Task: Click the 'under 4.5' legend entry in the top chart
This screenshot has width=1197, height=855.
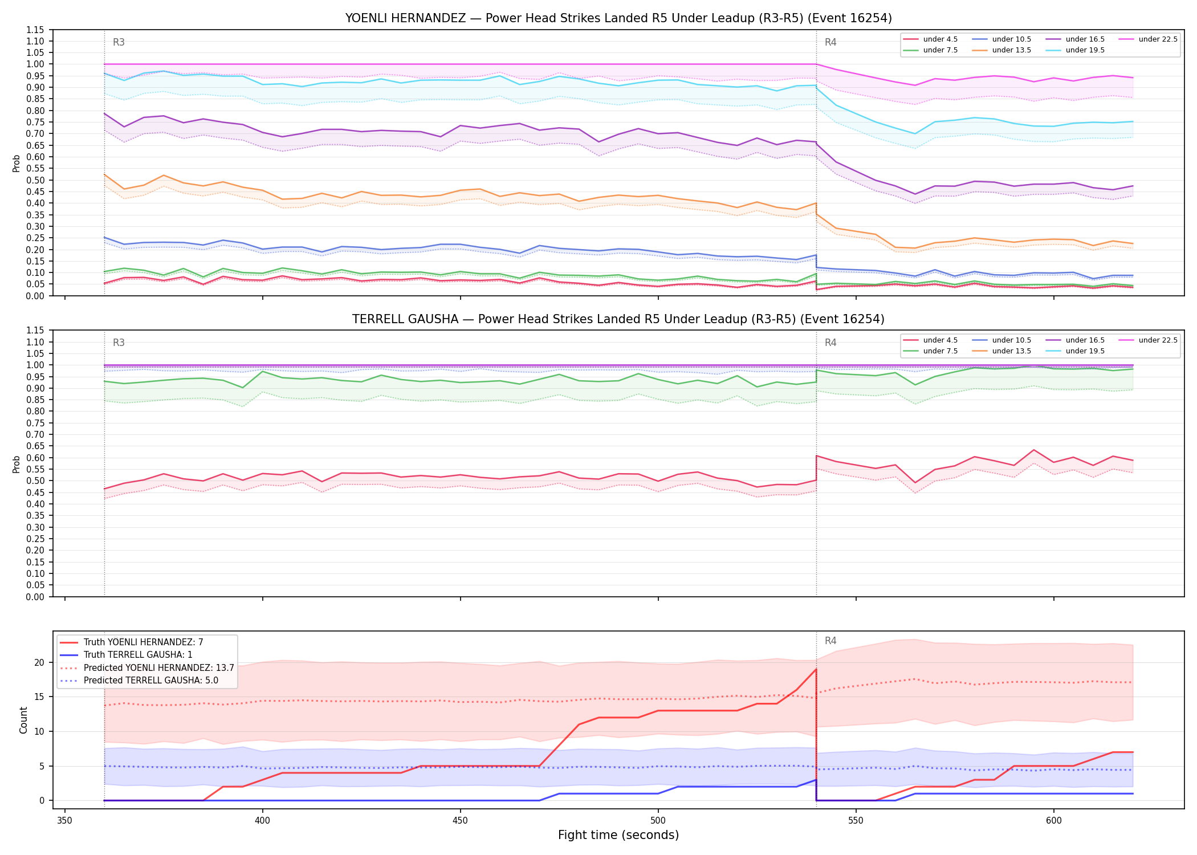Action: [931, 39]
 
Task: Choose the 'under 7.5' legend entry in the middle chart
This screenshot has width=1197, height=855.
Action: [931, 351]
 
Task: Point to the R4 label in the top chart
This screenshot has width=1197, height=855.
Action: [830, 42]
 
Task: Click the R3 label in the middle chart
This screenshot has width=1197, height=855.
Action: [119, 343]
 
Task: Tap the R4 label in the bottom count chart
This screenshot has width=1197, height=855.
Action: [830, 641]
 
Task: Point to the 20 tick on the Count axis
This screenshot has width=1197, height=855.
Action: [40, 662]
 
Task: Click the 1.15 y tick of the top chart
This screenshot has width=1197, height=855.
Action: [35, 30]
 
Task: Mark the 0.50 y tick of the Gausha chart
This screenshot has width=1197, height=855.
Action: [35, 481]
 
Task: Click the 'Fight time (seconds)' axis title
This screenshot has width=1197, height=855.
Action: [618, 835]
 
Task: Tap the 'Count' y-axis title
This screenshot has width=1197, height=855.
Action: [23, 720]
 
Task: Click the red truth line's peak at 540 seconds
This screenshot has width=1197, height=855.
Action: [816, 669]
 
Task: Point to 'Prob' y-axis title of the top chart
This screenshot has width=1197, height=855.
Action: [17, 164]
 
